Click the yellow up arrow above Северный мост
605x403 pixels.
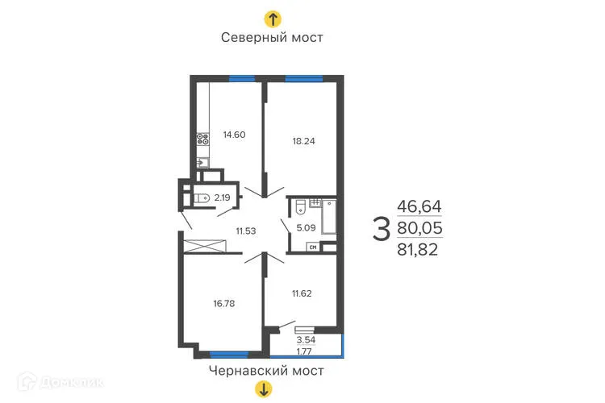pyautogui.click(x=273, y=18)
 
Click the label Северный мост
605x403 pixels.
pyautogui.click(x=273, y=38)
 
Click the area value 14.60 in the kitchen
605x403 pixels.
pyautogui.click(x=234, y=135)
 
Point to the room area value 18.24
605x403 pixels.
pyautogui.click(x=303, y=140)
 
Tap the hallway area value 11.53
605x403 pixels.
pyautogui.click(x=247, y=231)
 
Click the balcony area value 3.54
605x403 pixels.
pyautogui.click(x=306, y=341)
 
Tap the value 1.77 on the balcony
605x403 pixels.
pyautogui.click(x=306, y=351)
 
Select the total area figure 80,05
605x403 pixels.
pyautogui.click(x=420, y=230)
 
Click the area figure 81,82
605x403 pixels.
pyautogui.click(x=420, y=251)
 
